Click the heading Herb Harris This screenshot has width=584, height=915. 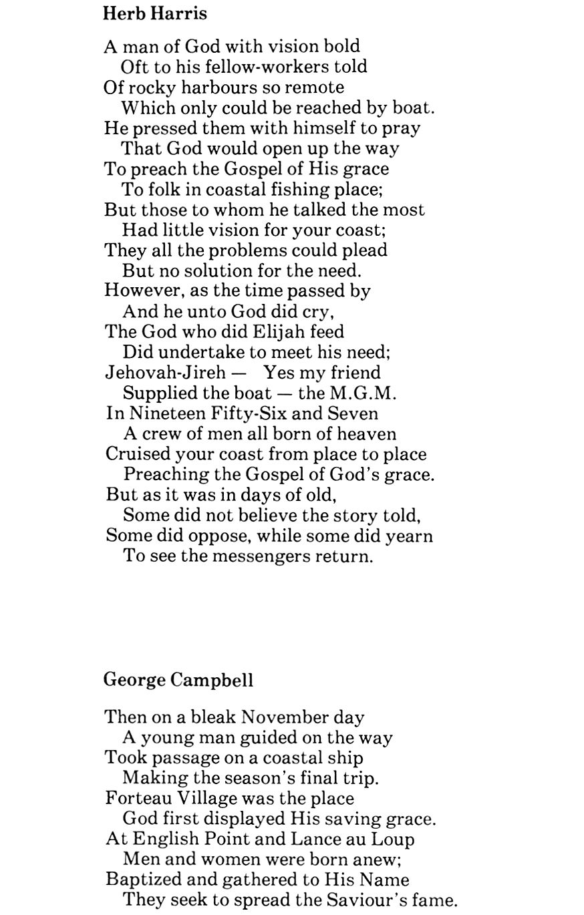click(155, 13)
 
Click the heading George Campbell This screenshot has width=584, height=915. click(178, 680)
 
